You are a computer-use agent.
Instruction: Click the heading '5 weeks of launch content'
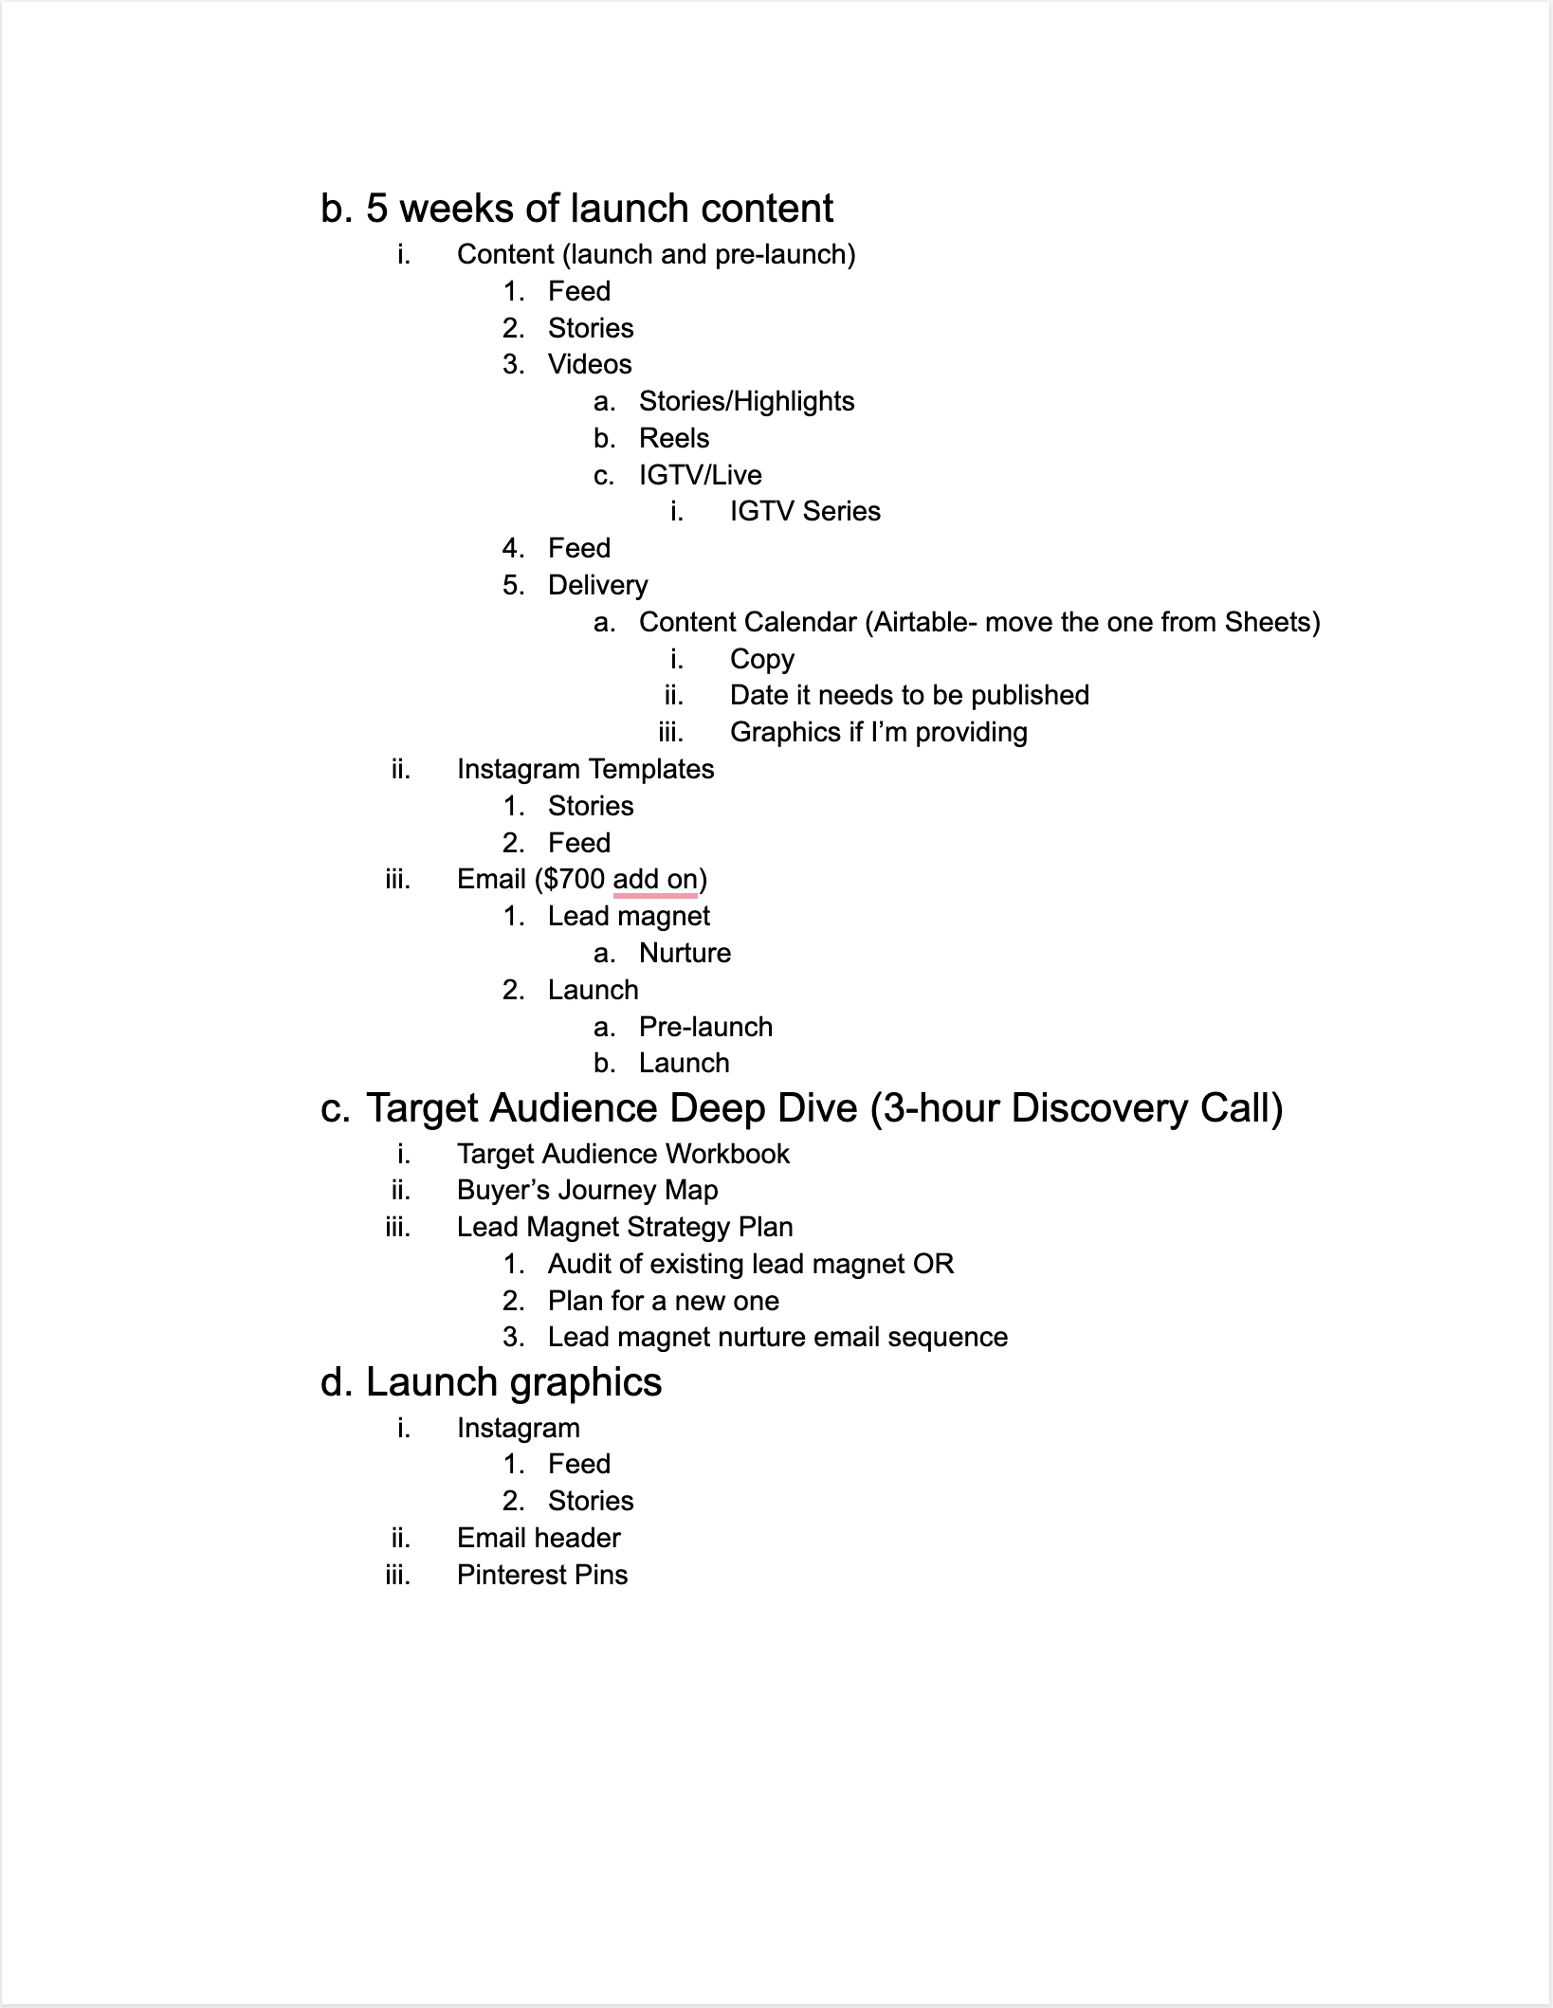coord(599,209)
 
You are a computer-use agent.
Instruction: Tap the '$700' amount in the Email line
coord(574,879)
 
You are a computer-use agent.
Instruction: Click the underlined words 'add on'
coord(655,879)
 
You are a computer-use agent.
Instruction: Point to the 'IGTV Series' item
coord(805,511)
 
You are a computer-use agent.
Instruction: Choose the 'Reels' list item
coord(674,438)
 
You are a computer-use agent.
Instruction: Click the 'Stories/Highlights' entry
coord(746,401)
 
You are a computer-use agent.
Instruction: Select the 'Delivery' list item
coord(597,585)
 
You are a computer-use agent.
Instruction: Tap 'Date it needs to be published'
coord(909,695)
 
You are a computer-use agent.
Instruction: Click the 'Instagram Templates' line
coord(585,769)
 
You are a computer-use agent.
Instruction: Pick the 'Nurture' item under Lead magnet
coord(685,953)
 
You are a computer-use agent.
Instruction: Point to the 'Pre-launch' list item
coord(705,1027)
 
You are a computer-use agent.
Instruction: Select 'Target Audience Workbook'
coord(623,1154)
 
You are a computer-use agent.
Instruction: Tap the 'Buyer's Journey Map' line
coord(587,1190)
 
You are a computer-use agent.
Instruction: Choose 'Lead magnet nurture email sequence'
coord(777,1337)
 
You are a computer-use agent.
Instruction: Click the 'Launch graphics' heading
coord(513,1382)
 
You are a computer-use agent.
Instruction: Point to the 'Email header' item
coord(539,1538)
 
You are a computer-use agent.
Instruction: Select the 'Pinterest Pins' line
coord(542,1575)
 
